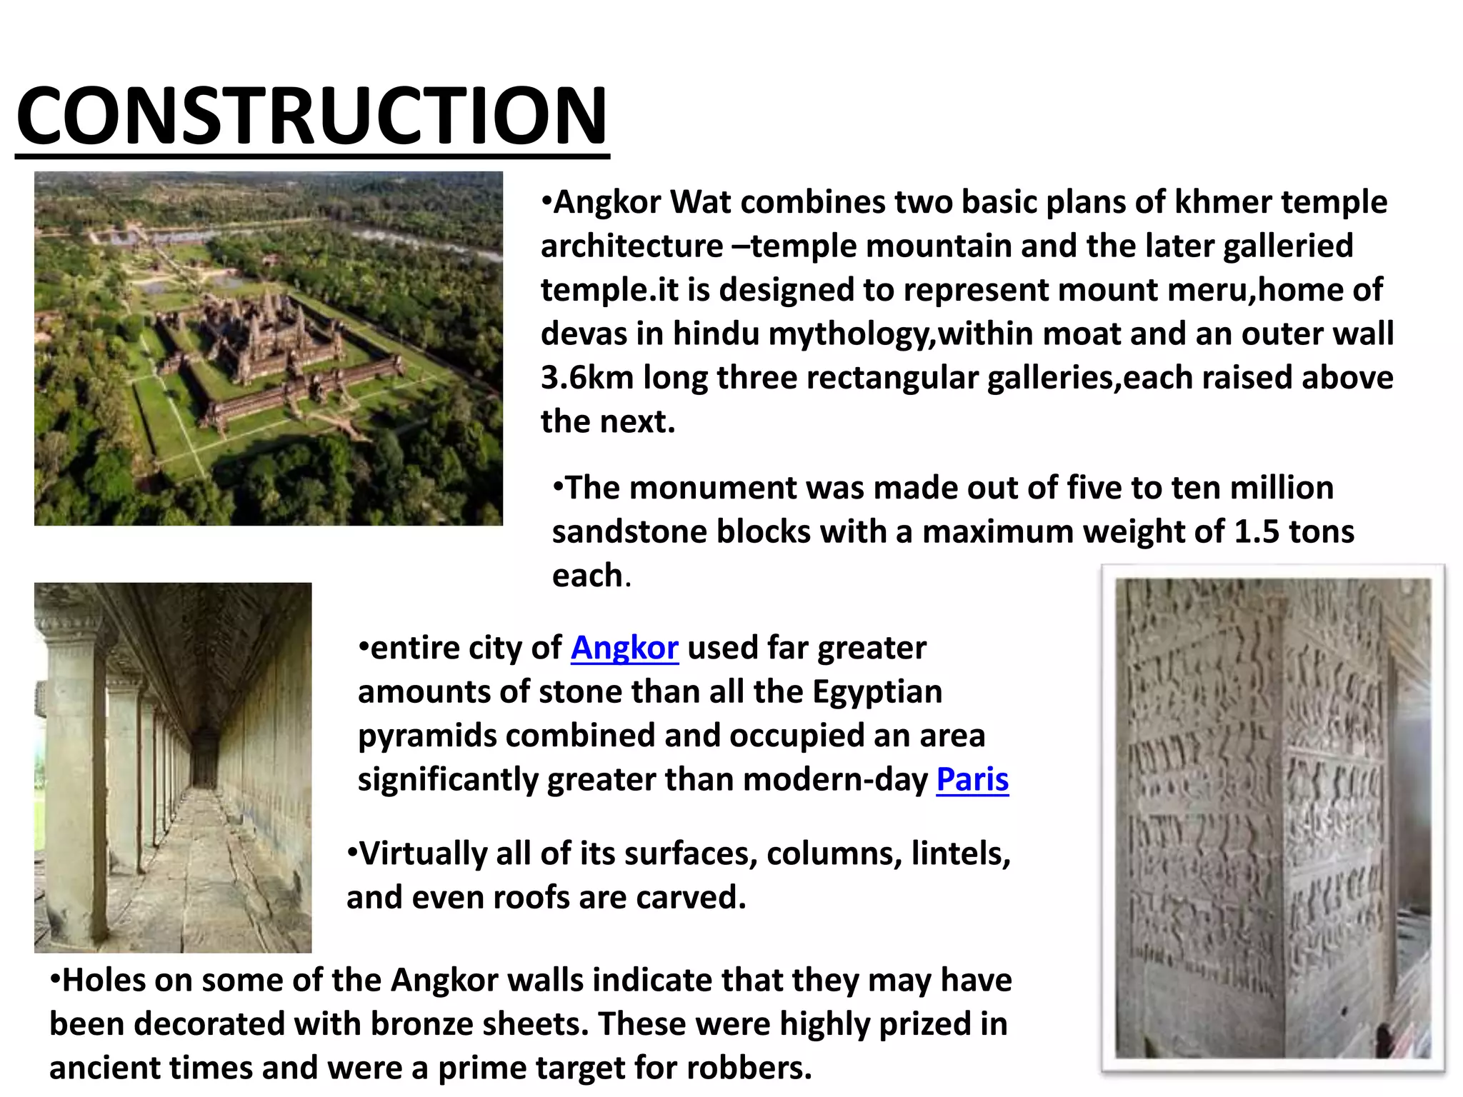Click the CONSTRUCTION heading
point(312,116)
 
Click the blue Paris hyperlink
point(972,779)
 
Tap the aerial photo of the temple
point(269,349)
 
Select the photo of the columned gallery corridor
point(173,768)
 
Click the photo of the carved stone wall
point(1273,818)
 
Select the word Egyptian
point(877,692)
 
